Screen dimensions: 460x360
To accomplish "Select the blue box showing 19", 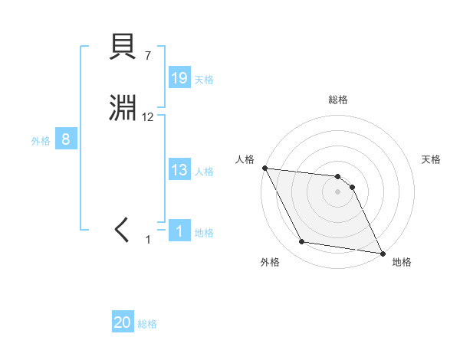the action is tap(179, 78).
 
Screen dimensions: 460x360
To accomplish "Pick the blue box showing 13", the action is tap(179, 170).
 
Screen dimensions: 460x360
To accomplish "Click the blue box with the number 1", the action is tap(179, 231).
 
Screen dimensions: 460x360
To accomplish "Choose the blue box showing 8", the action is tap(66, 139).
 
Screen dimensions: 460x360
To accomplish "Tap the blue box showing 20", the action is tap(123, 323).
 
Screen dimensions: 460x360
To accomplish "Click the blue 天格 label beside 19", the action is tap(204, 80).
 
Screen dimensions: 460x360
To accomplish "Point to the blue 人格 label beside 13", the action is tap(204, 172).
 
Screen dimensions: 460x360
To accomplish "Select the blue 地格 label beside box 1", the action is tap(204, 233).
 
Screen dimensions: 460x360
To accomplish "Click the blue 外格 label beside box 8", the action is tap(41, 141).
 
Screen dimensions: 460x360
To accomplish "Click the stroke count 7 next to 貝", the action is tap(148, 55).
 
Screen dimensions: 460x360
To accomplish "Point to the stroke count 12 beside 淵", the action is tap(148, 117).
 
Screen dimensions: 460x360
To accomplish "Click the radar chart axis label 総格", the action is tap(338, 100).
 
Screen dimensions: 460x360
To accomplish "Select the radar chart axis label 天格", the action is tap(432, 159).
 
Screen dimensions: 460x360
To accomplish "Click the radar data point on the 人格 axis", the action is tap(264, 168).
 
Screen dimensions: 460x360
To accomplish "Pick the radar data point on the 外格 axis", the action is tap(302, 242).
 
